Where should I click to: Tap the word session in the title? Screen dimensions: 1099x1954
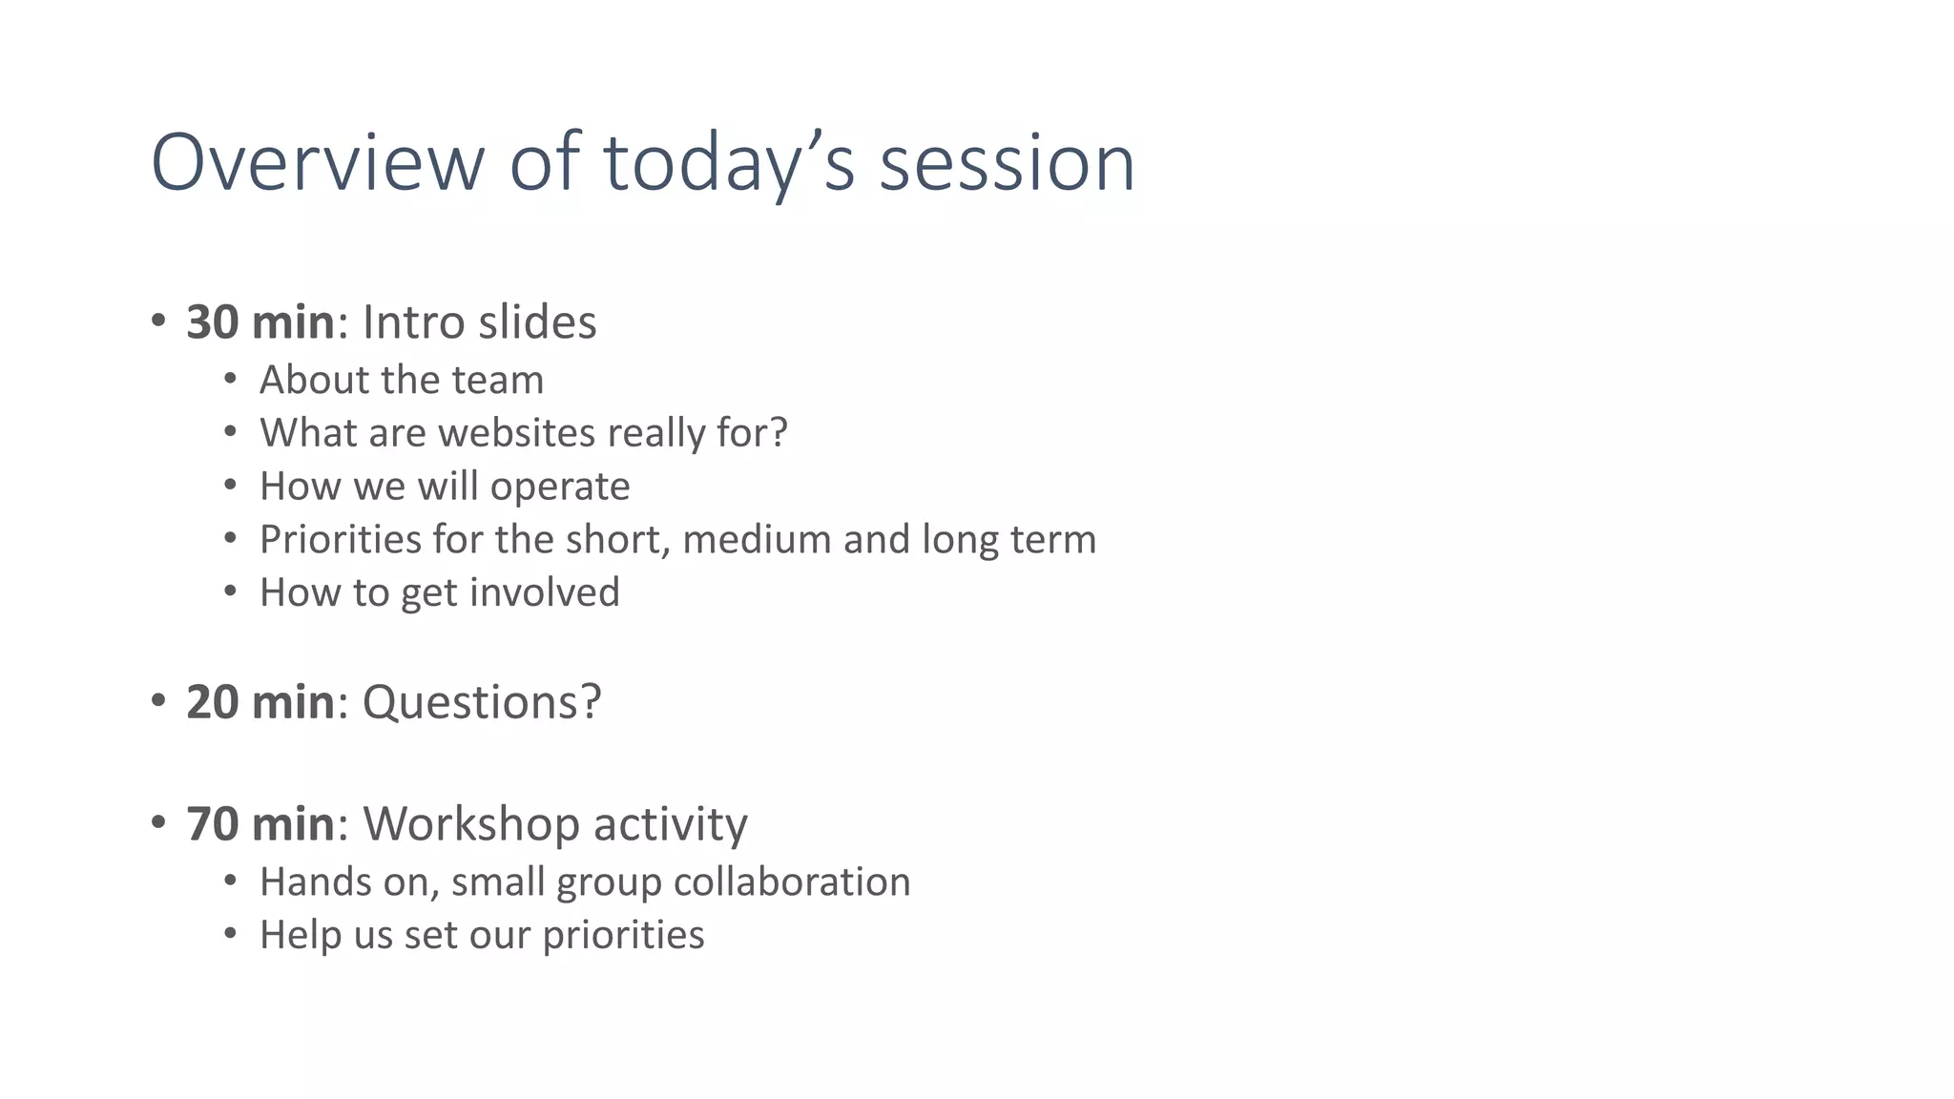click(1007, 162)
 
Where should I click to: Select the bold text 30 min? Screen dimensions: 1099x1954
click(260, 322)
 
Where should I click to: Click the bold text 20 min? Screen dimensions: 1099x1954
click(260, 702)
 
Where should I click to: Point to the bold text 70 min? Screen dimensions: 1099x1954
click(260, 823)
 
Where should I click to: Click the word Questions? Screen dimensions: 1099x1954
click(482, 702)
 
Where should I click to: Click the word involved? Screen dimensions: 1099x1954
click(544, 592)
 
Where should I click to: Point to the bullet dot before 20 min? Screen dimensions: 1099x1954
click(158, 701)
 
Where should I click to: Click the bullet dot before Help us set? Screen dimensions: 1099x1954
click(230, 933)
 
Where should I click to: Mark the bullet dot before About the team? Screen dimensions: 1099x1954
click(230, 379)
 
